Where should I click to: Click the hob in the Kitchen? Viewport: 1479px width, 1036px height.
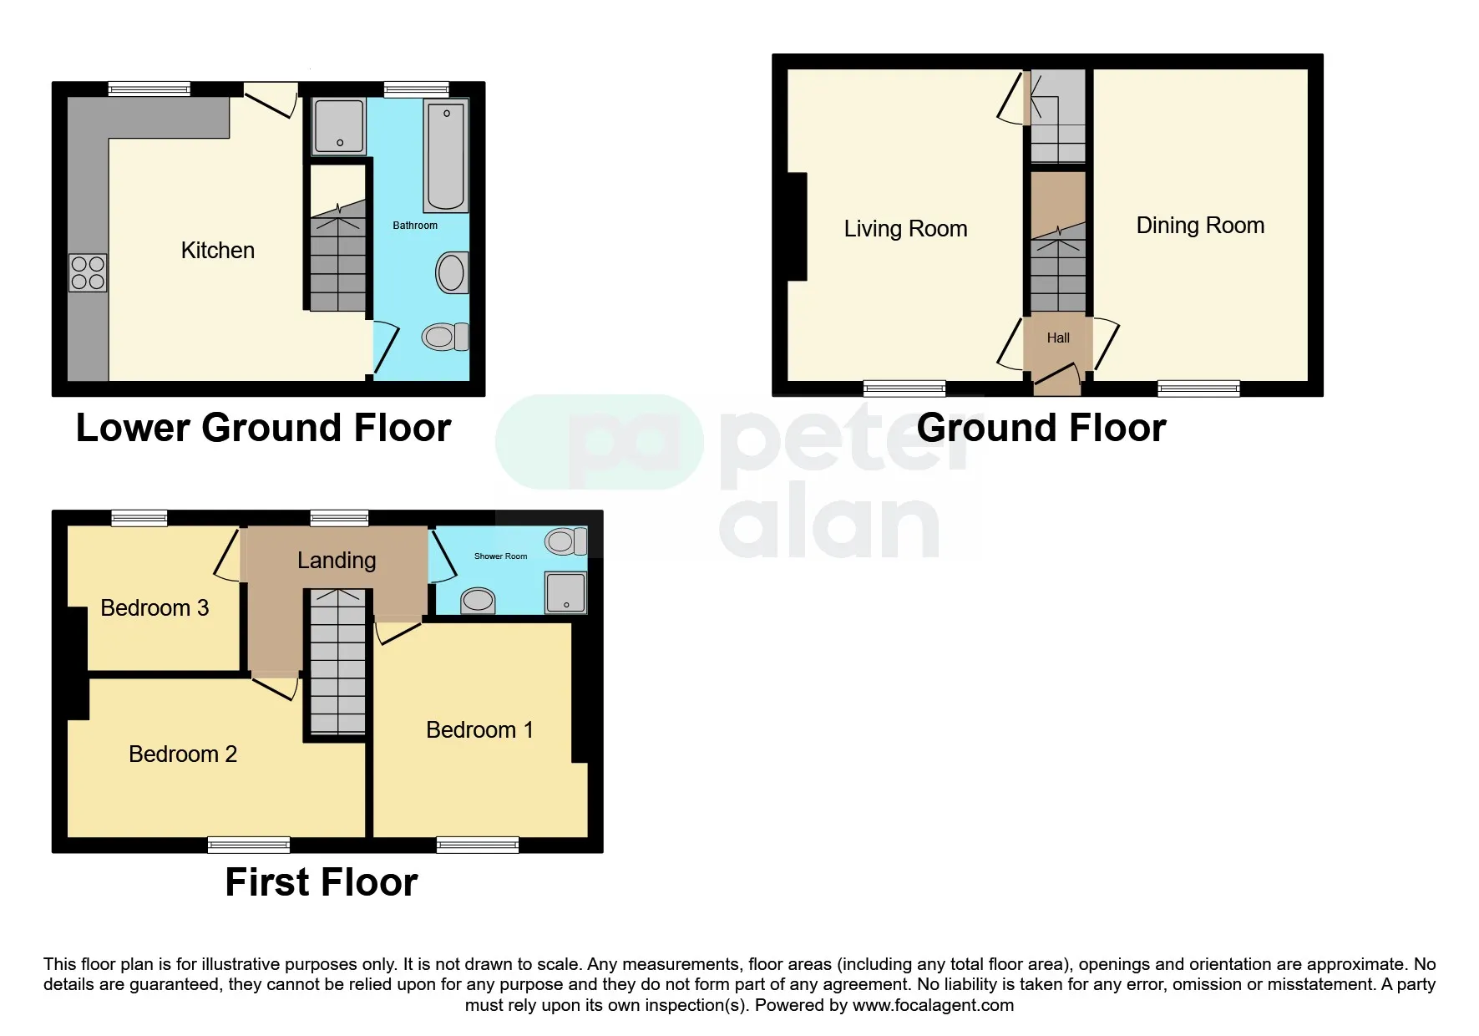88,273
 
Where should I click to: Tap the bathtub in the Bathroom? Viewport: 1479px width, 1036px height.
446,156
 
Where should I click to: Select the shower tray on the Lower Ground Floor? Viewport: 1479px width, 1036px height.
339,126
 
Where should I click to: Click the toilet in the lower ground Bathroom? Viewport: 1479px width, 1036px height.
444,337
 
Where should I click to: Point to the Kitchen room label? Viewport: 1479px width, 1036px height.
217,251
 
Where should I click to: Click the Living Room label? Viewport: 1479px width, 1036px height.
905,229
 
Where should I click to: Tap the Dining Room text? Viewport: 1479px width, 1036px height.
1200,226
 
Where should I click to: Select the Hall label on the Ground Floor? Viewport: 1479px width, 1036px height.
1058,338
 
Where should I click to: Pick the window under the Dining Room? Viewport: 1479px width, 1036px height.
1198,388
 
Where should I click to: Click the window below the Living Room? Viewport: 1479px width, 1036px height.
904,388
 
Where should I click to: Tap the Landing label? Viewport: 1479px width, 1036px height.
337,561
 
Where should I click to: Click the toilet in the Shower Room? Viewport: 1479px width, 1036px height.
565,541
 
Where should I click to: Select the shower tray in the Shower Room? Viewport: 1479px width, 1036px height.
566,592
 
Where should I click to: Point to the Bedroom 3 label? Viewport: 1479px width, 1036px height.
154,608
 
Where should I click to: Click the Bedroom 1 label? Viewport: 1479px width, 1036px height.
479,730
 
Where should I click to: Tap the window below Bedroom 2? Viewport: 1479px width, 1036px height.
249,845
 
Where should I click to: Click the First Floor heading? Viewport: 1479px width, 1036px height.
322,883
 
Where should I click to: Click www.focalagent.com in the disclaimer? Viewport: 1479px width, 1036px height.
933,1005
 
